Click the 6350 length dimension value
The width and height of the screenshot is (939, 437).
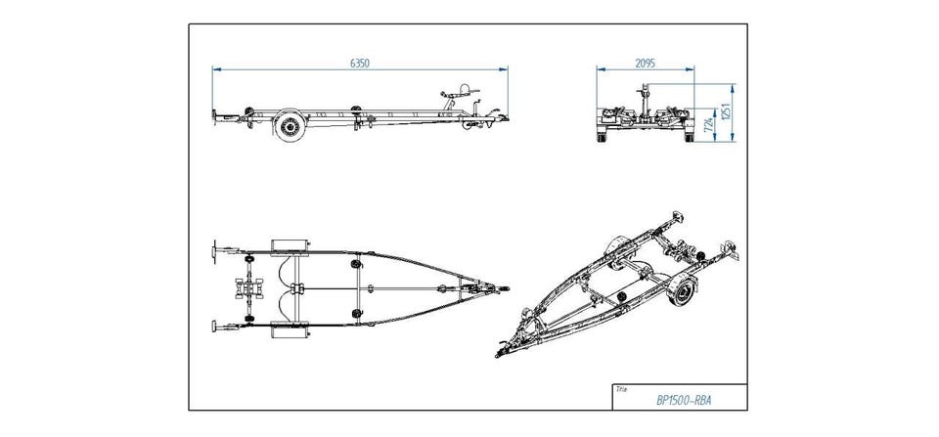tap(359, 63)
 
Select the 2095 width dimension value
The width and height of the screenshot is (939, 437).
tap(645, 63)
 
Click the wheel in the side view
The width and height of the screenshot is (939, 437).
tap(288, 126)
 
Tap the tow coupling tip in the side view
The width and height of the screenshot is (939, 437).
tap(505, 121)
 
